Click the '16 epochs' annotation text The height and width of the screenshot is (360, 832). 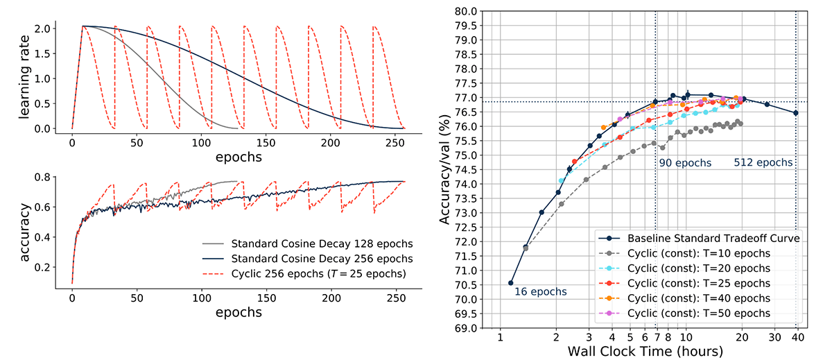coord(540,292)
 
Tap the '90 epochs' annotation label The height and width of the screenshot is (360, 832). coord(685,163)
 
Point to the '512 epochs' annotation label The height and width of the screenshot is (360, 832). coord(763,163)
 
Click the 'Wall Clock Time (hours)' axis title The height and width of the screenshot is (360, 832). coord(645,351)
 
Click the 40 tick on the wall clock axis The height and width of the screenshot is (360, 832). coord(797,337)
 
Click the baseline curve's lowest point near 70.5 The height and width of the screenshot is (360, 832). coord(511,283)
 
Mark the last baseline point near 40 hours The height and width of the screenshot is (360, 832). coord(795,113)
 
